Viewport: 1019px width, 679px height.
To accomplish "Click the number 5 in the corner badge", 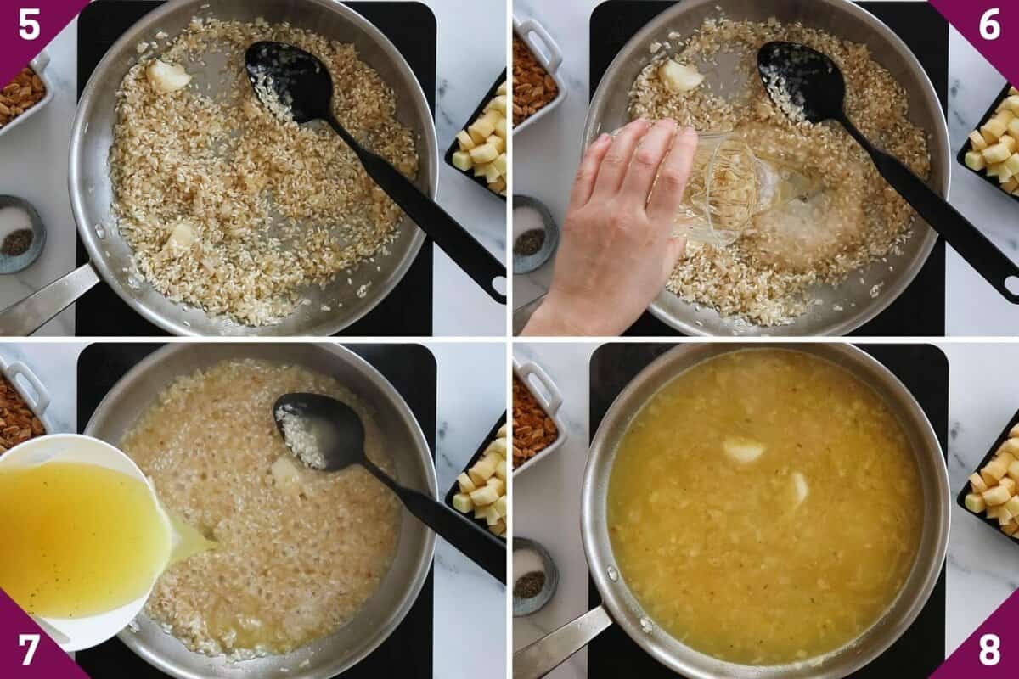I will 28,25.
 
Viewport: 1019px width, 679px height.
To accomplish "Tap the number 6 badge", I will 989,25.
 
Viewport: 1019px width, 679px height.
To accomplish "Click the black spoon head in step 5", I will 287,81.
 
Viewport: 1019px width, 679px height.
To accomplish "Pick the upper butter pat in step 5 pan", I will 167,76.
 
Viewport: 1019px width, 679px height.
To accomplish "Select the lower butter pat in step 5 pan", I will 181,235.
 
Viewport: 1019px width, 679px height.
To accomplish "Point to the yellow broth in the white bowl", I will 76,535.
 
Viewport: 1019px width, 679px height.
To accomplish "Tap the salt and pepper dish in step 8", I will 533,575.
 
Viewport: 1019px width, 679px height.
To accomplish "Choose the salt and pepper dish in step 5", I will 19,233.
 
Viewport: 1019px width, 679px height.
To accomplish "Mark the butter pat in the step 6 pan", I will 680,76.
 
